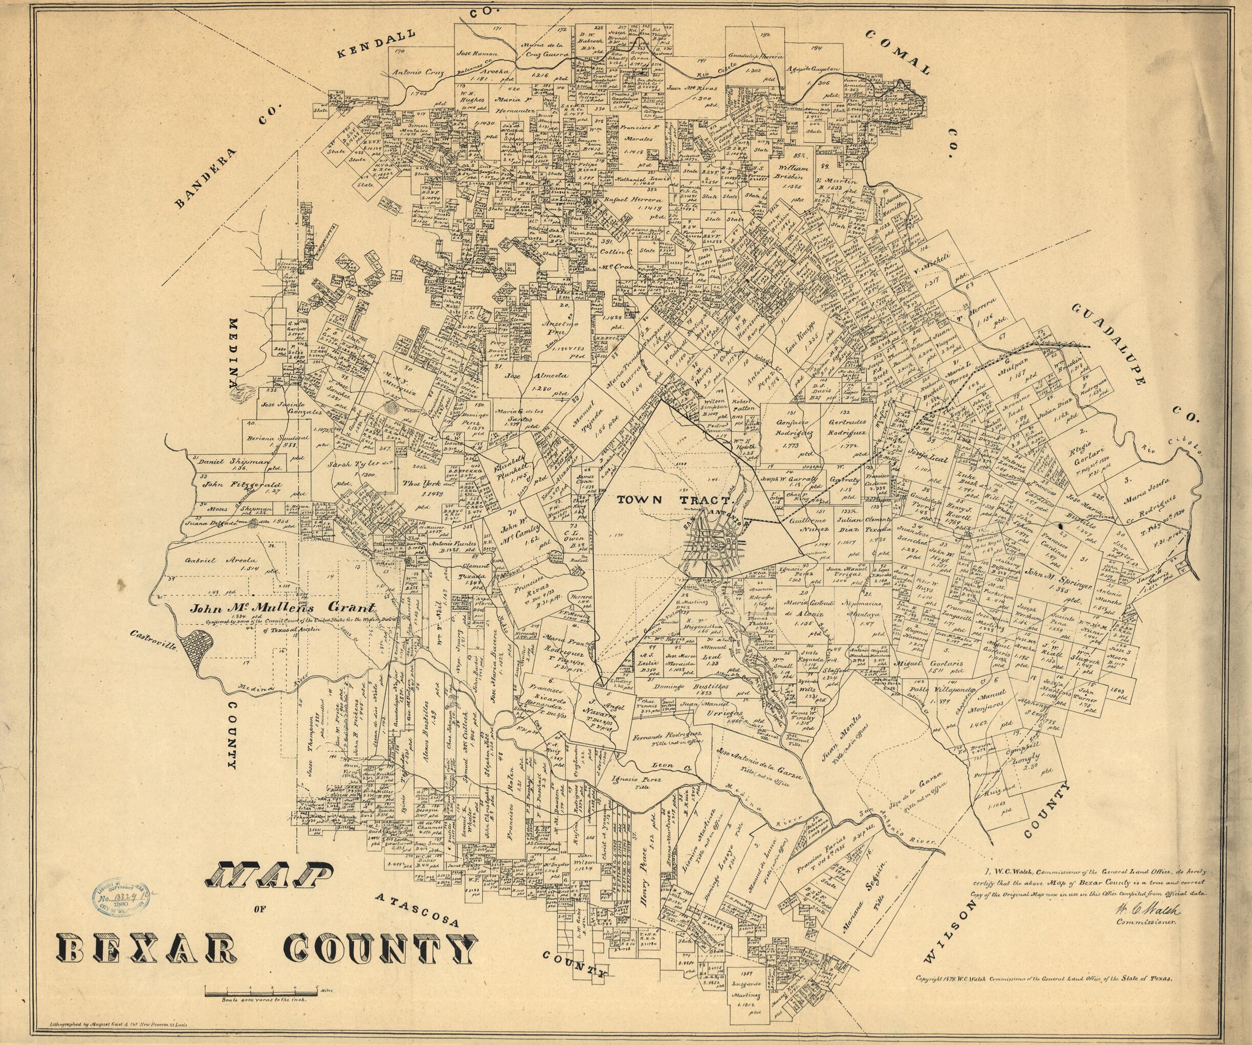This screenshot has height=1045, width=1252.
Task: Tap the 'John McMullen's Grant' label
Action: [283, 609]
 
